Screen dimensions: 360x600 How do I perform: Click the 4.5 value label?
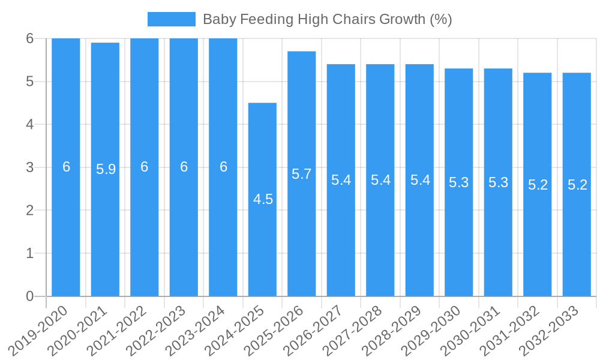[x=263, y=200]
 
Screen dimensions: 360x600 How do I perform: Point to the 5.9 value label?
[x=106, y=169]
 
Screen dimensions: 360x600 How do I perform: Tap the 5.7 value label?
[x=301, y=174]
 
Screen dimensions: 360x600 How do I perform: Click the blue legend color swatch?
[x=171, y=19]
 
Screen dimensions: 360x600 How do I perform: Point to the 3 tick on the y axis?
[x=30, y=167]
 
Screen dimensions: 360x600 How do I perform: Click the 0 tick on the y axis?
[x=30, y=296]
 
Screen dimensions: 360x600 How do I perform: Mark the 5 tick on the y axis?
[x=30, y=82]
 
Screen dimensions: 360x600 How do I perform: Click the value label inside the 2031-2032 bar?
[x=538, y=185]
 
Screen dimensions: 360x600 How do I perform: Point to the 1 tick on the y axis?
[x=30, y=253]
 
